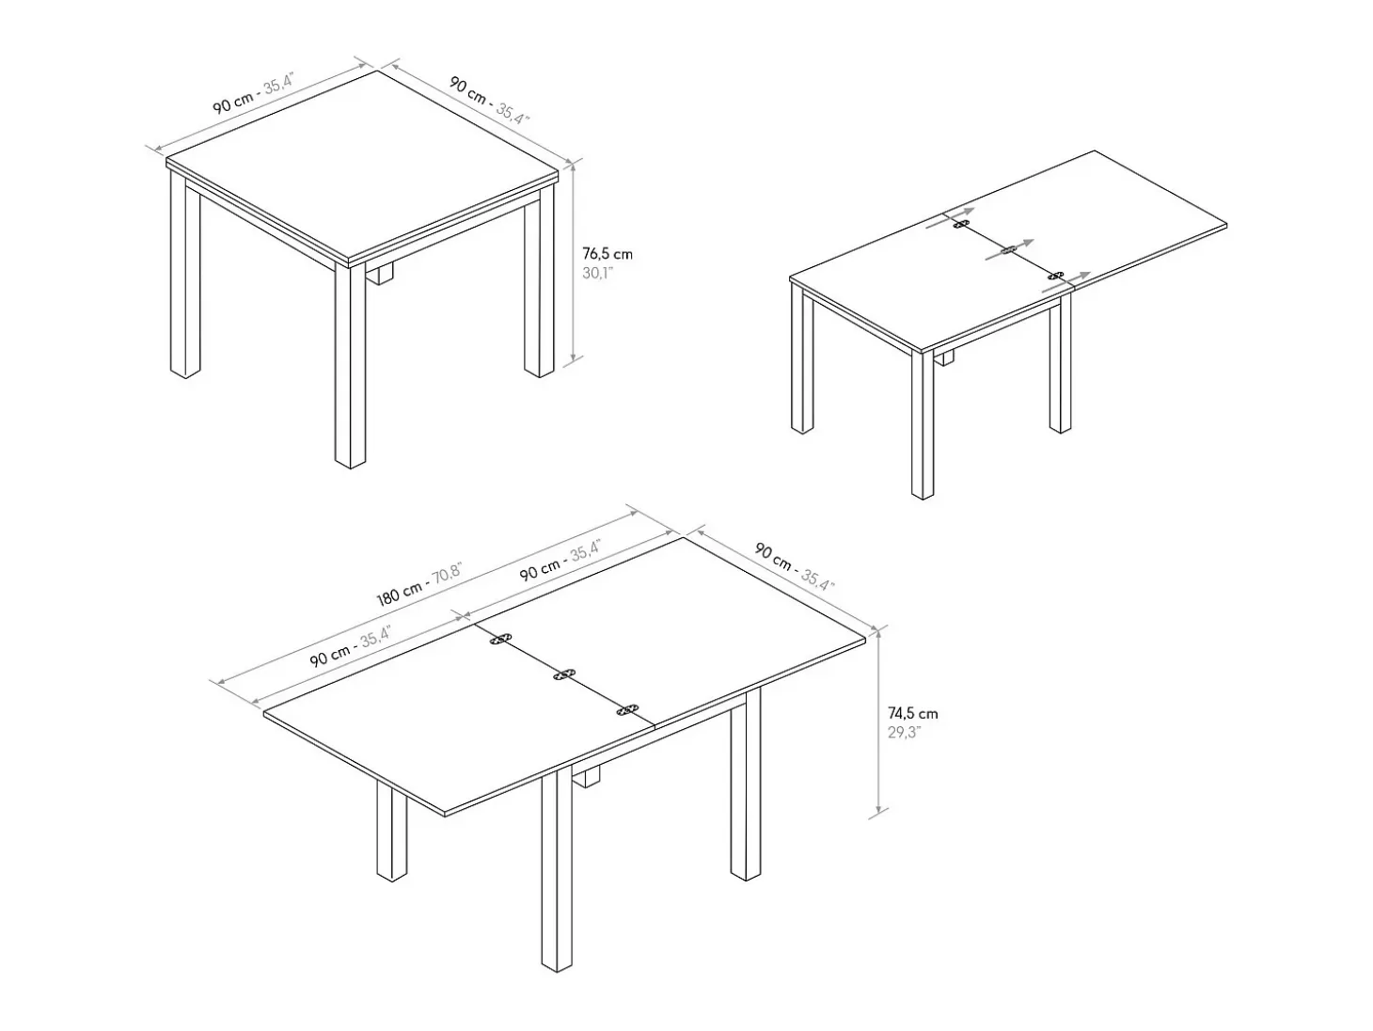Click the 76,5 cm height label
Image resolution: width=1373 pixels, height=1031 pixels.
(608, 254)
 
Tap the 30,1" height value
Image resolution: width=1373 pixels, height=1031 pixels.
(597, 273)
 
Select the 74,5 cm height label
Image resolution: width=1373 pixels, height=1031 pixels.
(912, 713)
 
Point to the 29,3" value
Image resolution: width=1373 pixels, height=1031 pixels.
(904, 732)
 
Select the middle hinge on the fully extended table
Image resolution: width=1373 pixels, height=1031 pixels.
(565, 675)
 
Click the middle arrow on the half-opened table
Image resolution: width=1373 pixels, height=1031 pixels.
(1010, 249)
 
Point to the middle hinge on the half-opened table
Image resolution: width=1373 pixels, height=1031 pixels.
(1008, 250)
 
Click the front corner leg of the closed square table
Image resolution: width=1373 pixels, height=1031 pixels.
(350, 366)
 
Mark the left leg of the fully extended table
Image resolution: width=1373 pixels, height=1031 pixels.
(392, 830)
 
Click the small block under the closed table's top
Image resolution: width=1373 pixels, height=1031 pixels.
(379, 274)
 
